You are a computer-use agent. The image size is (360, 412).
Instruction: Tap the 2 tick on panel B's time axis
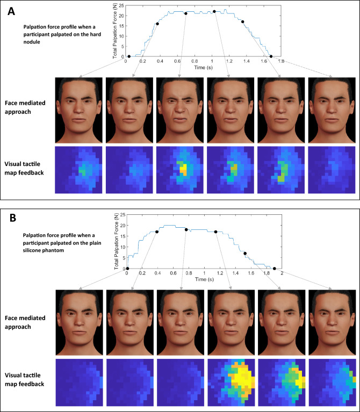coord(282,273)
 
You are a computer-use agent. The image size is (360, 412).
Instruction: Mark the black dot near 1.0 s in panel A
coord(214,11)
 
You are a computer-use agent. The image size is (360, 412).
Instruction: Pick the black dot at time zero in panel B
coord(127,269)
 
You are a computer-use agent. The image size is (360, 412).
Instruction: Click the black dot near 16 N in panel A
coord(157,24)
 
